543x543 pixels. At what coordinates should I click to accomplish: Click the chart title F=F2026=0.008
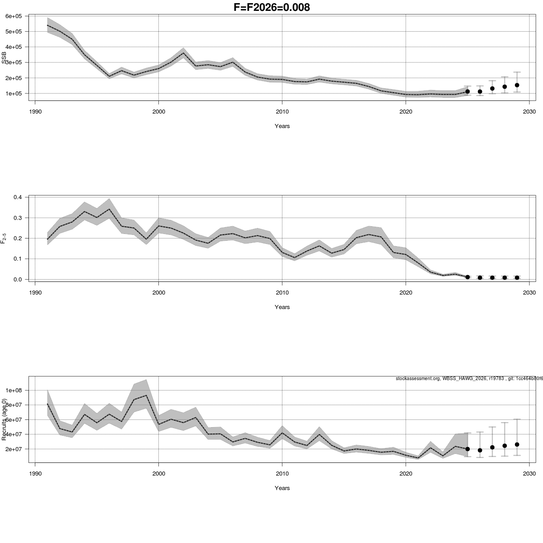click(271, 7)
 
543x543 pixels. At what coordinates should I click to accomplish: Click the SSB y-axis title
click(4, 58)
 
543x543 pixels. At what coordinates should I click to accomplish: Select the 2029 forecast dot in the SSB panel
click(517, 85)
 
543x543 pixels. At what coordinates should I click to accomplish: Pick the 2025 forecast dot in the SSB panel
click(467, 91)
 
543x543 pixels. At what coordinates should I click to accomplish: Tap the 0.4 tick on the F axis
click(18, 197)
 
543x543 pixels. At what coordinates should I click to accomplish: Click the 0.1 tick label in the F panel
click(18, 259)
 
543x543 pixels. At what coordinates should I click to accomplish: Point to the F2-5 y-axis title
click(4, 238)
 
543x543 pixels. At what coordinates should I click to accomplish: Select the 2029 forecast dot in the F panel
click(517, 277)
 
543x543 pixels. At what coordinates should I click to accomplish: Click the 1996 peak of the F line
click(109, 209)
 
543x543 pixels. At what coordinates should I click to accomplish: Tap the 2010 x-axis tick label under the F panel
click(282, 292)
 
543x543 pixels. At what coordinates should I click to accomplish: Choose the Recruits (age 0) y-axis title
click(4, 419)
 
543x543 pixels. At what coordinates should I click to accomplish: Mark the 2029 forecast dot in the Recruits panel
click(517, 444)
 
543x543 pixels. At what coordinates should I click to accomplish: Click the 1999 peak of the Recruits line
click(146, 395)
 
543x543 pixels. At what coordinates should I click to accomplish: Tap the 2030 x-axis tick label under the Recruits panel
click(529, 473)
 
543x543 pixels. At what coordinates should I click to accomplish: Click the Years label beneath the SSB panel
click(282, 126)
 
